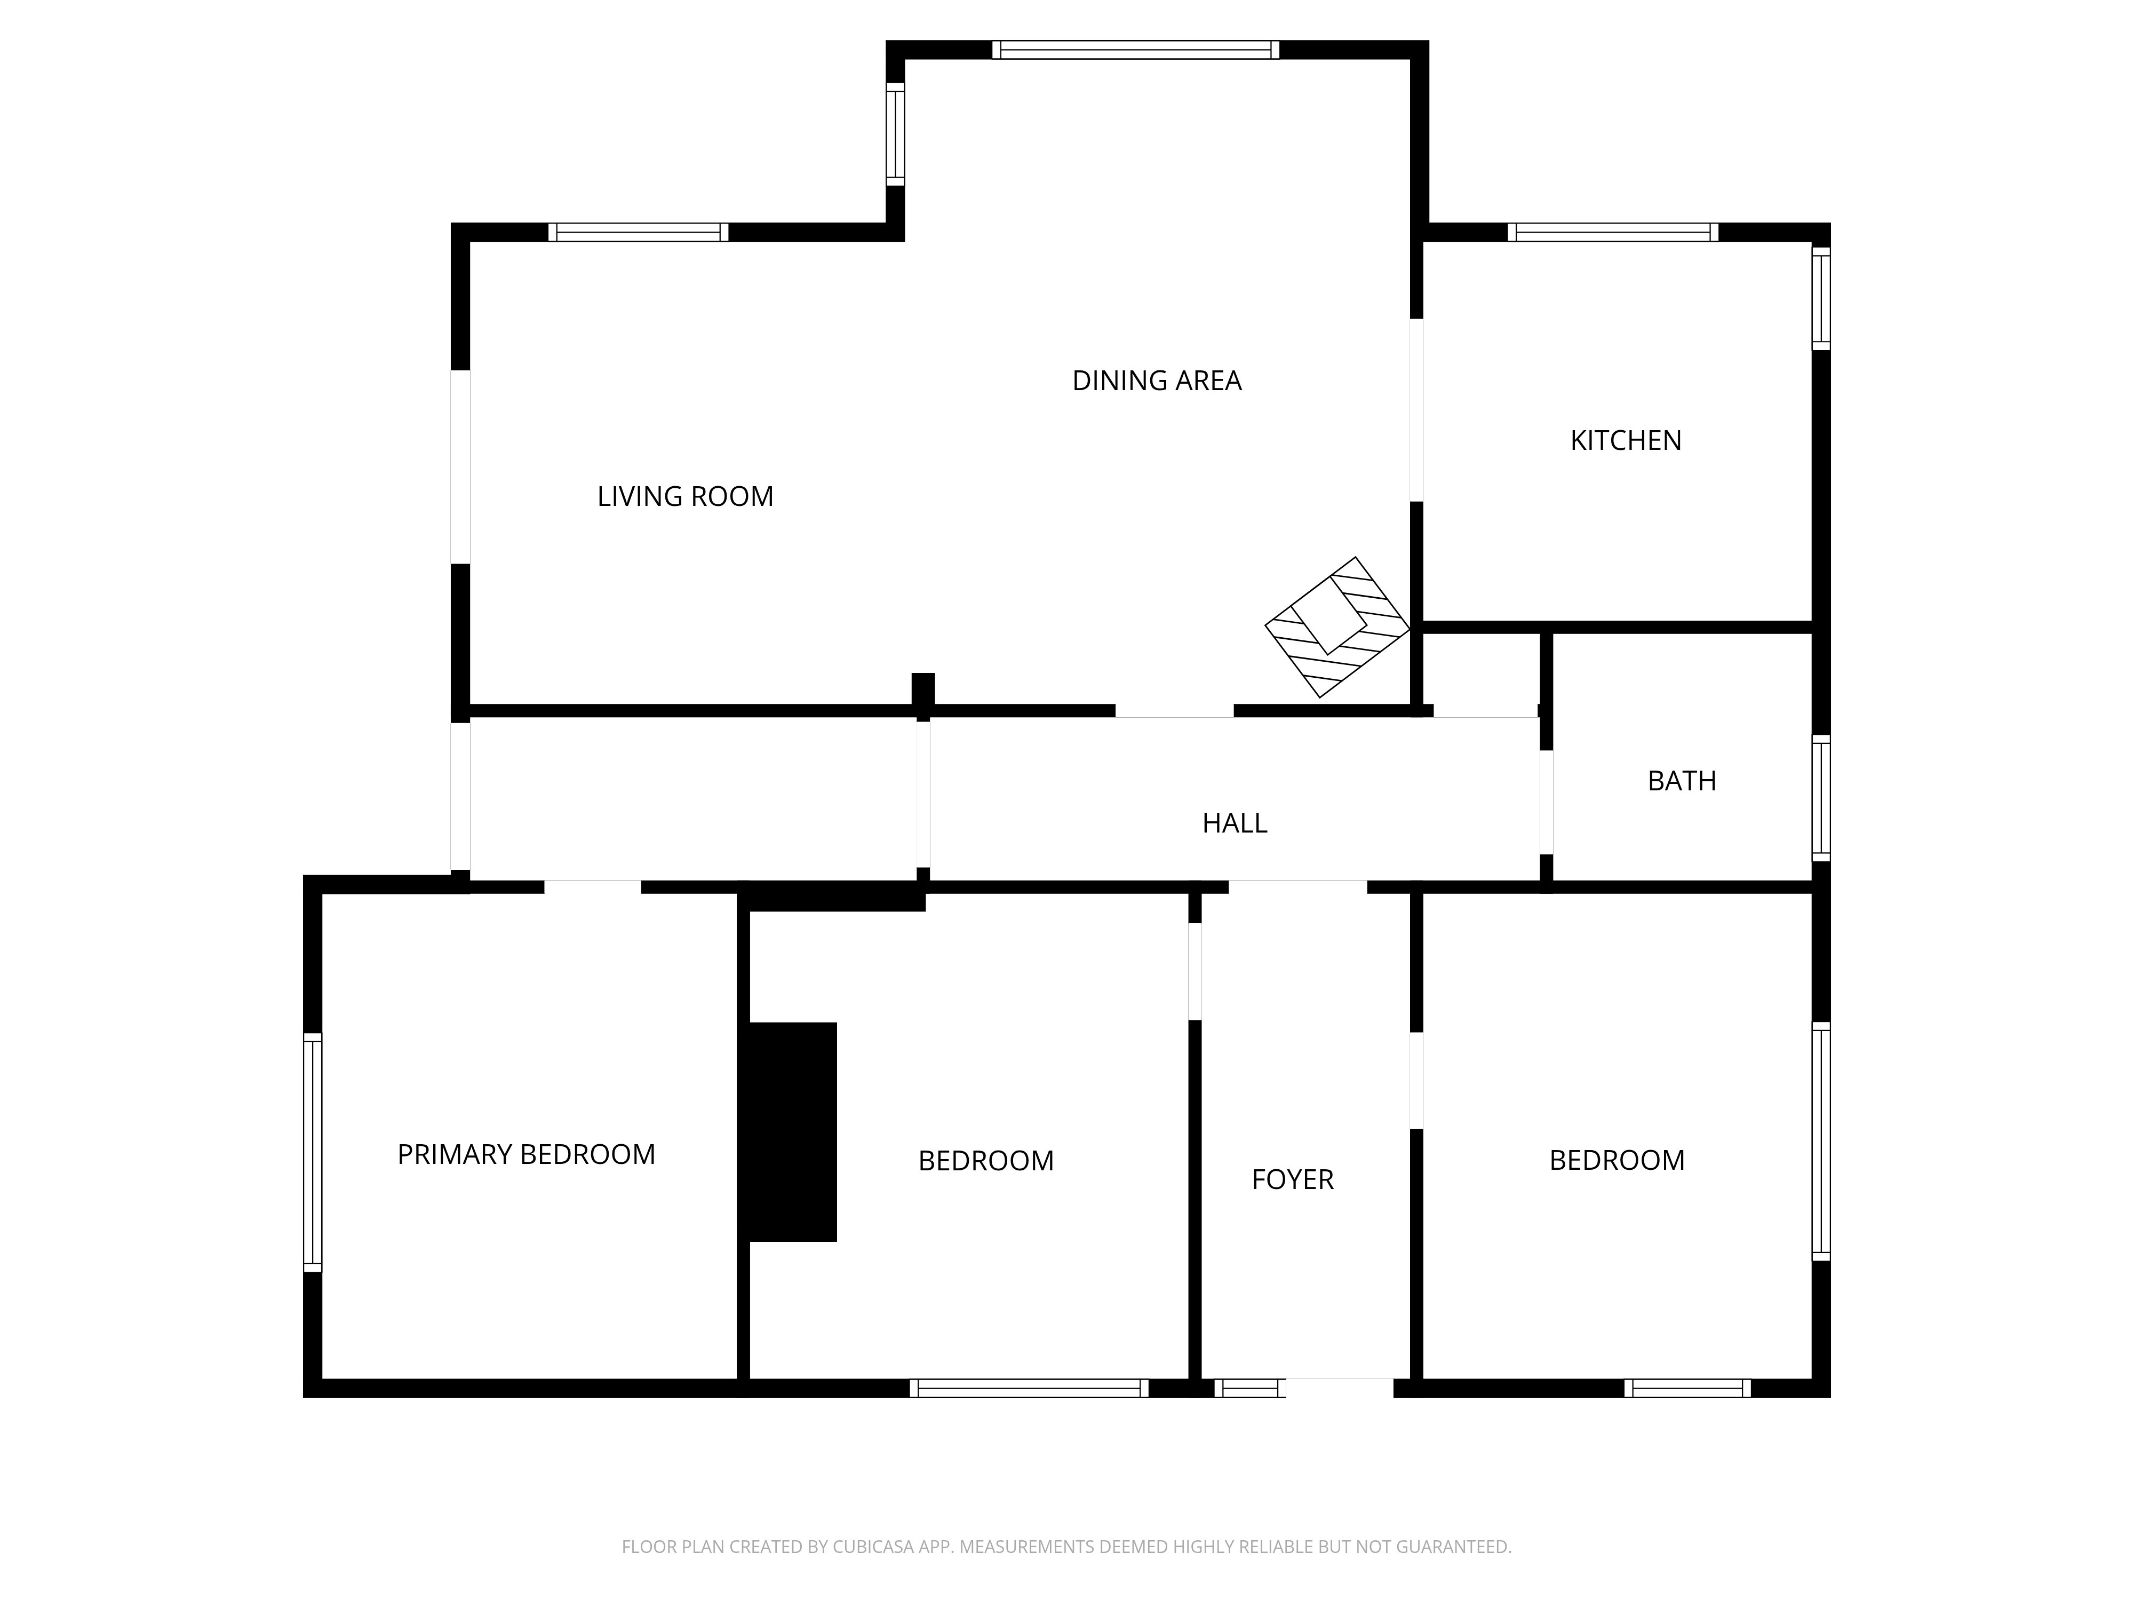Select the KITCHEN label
[1626, 440]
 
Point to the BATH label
[1682, 781]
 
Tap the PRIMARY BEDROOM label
[526, 1154]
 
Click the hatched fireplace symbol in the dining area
[1337, 627]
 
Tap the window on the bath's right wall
[1820, 798]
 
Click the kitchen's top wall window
[1613, 232]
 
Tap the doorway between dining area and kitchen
[1416, 410]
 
